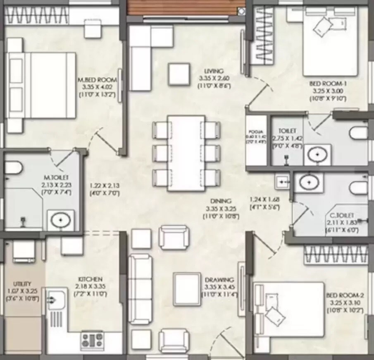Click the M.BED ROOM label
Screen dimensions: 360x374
[x=98, y=80]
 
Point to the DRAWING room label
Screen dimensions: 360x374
[x=219, y=280]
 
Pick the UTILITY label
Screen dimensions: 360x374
[x=22, y=284]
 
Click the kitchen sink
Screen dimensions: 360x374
[x=55, y=299]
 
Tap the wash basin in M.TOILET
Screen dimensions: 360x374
[x=60, y=220]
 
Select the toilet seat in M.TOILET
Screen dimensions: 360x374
[x=13, y=168]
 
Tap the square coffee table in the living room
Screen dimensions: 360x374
[x=179, y=74]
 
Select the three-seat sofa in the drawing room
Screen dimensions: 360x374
[x=139, y=289]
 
